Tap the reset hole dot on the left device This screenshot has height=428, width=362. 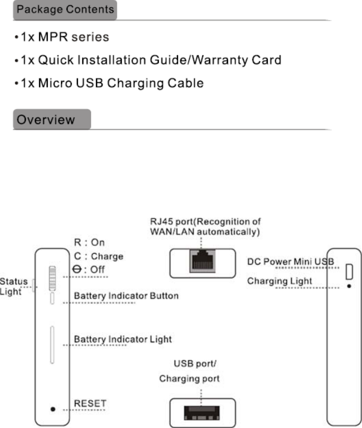coord(53,409)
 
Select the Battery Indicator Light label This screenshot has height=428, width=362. coord(122,338)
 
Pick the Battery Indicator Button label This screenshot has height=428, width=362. coord(126,296)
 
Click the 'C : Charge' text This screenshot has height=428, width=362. coord(98,256)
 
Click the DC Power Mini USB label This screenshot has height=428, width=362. coord(290,261)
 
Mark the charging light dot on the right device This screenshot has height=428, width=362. coord(349,287)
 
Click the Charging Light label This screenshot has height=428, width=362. coord(280,281)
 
